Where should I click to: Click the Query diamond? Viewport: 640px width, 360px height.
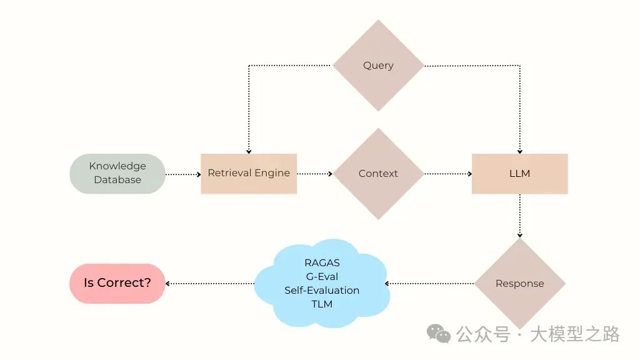[x=378, y=66]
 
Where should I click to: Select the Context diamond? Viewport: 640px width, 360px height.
[x=378, y=174]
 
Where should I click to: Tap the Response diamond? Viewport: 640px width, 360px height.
[x=519, y=284]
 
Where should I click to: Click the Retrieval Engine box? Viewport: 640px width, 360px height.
[x=249, y=173]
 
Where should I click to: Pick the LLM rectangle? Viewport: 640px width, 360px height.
[x=519, y=173]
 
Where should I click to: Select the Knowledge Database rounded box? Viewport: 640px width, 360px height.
[x=117, y=173]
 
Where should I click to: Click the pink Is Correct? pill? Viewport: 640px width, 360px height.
[x=117, y=283]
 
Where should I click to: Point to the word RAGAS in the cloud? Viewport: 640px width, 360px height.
[x=322, y=263]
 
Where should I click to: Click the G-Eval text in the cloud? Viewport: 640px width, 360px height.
[x=322, y=277]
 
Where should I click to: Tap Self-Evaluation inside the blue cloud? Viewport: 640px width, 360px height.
[x=322, y=291]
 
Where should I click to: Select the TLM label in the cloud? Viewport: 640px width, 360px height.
[x=322, y=304]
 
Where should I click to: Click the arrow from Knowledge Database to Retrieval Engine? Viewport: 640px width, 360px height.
[x=183, y=174]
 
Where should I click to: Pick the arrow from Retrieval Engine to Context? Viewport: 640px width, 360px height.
[x=314, y=174]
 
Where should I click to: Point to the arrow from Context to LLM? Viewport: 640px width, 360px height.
[x=447, y=174]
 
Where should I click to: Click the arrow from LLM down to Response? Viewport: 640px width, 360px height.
[x=519, y=216]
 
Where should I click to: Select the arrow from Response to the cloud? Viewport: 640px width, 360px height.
[x=429, y=284]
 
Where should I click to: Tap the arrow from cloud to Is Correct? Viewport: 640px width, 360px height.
[x=210, y=284]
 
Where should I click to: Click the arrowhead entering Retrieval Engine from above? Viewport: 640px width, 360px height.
[x=249, y=151]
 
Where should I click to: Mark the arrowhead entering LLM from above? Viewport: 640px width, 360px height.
[x=519, y=151]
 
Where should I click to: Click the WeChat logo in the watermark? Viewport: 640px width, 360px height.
[x=439, y=334]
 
